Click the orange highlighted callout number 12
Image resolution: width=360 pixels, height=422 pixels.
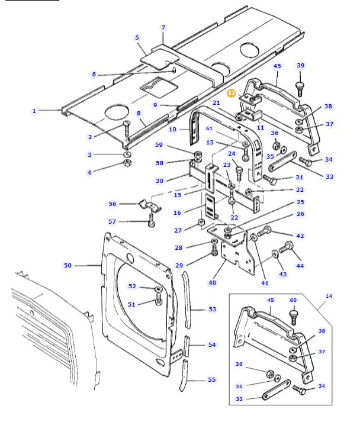click(x=232, y=93)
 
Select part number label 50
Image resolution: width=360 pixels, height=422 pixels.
click(x=67, y=266)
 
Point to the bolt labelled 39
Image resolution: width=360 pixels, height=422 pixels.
click(x=300, y=87)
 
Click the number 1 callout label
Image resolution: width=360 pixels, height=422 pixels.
click(x=34, y=111)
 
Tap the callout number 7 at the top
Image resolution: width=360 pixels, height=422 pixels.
click(x=163, y=28)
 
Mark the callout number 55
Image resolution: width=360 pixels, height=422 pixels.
click(x=211, y=380)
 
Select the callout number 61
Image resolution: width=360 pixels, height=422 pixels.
click(x=209, y=128)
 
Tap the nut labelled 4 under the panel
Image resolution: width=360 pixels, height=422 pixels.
click(x=127, y=163)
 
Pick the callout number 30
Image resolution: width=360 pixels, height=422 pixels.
click(x=159, y=181)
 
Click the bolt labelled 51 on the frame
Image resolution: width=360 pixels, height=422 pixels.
click(x=159, y=301)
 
